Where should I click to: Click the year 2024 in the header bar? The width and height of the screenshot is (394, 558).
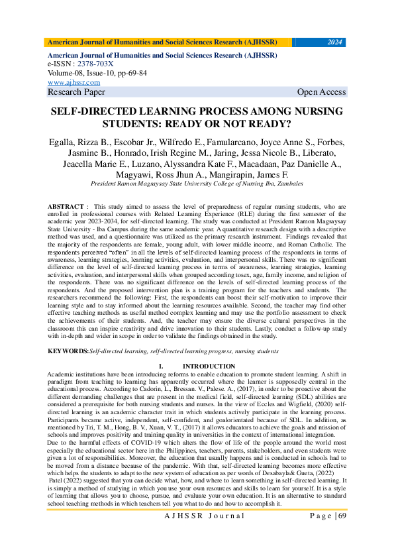(x=335, y=42)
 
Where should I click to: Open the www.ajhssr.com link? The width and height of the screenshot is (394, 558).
(x=74, y=83)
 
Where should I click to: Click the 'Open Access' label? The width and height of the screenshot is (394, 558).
(x=321, y=92)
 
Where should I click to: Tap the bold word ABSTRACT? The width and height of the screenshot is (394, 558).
(x=66, y=207)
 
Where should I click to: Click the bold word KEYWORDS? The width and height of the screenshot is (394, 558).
(x=68, y=351)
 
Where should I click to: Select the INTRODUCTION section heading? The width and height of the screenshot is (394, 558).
(x=209, y=366)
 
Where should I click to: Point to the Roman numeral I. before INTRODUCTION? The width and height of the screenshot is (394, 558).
(x=161, y=366)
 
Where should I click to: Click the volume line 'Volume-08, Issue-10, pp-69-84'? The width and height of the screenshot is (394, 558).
(x=97, y=74)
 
